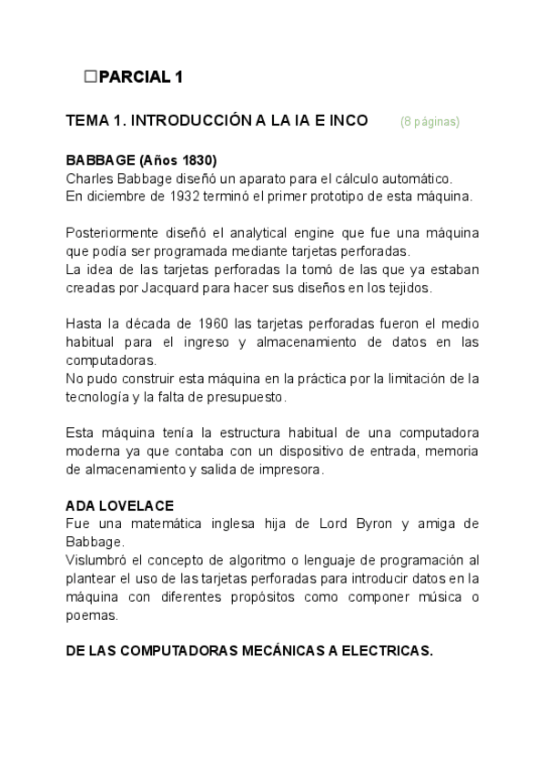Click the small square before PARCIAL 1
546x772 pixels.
point(89,77)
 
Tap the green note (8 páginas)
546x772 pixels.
point(430,122)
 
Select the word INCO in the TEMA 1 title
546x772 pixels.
point(345,121)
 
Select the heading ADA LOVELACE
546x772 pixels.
point(119,504)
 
